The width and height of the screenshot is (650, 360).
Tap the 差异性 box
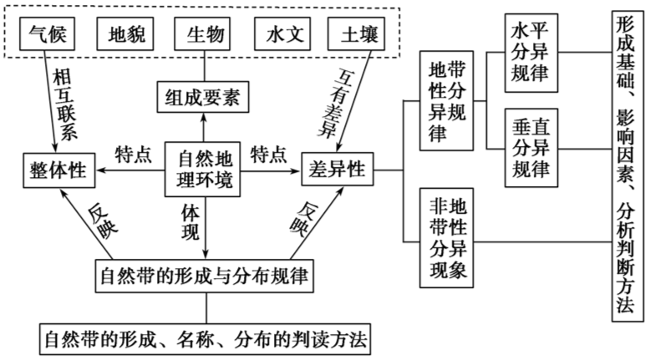(338, 170)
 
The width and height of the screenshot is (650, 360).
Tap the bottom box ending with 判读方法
(204, 339)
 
